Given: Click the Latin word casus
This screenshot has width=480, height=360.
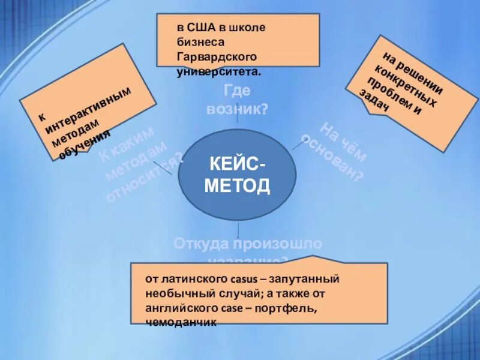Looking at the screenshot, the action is [x=242, y=280].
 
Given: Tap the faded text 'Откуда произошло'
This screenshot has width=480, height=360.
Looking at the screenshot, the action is [x=248, y=244].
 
